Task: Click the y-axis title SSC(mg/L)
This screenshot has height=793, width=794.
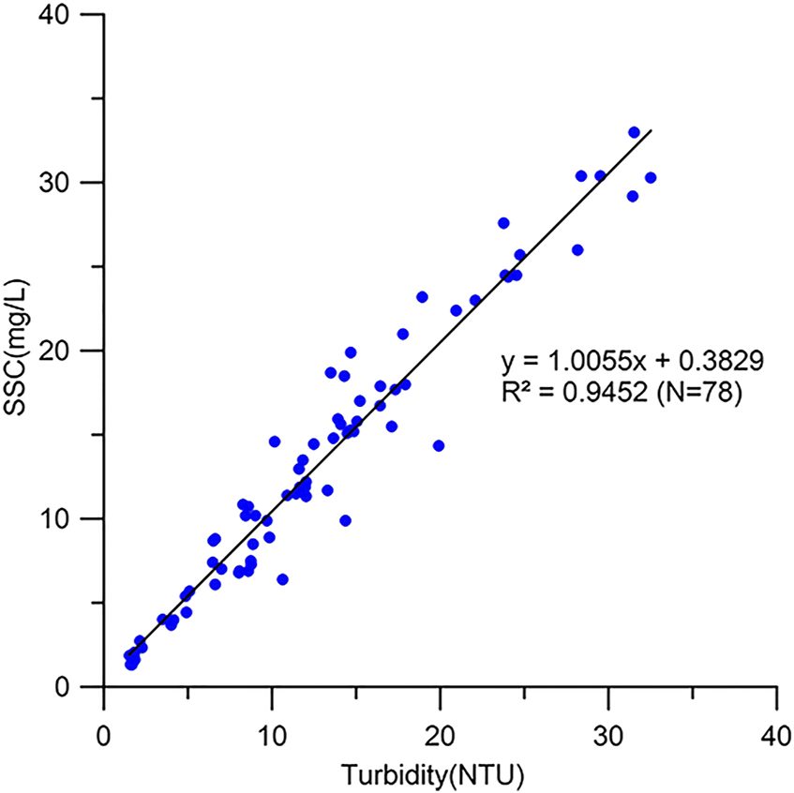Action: point(20,352)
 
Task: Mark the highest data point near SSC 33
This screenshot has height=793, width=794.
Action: point(634,132)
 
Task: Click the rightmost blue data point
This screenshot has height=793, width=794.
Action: point(651,177)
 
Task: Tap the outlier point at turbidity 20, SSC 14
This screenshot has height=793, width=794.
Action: point(439,446)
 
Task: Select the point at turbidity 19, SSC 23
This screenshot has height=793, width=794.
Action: point(422,297)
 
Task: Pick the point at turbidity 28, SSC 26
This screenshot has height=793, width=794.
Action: point(577,250)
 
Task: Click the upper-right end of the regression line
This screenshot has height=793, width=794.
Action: point(650,130)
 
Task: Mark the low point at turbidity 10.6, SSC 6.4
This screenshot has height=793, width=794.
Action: point(282,579)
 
